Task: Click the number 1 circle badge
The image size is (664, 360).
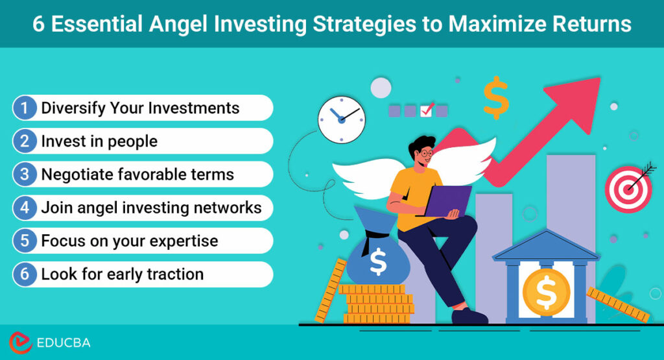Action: (x=25, y=108)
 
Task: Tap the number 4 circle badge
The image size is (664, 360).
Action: (x=25, y=208)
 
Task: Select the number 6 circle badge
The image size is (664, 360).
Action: (x=25, y=274)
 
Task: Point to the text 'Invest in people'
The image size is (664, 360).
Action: (x=99, y=141)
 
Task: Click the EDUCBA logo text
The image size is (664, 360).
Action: (x=63, y=342)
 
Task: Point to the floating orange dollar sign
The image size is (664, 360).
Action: (x=496, y=97)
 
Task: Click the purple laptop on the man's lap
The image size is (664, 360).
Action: (x=447, y=200)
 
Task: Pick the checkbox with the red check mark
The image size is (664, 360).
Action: (x=426, y=110)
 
